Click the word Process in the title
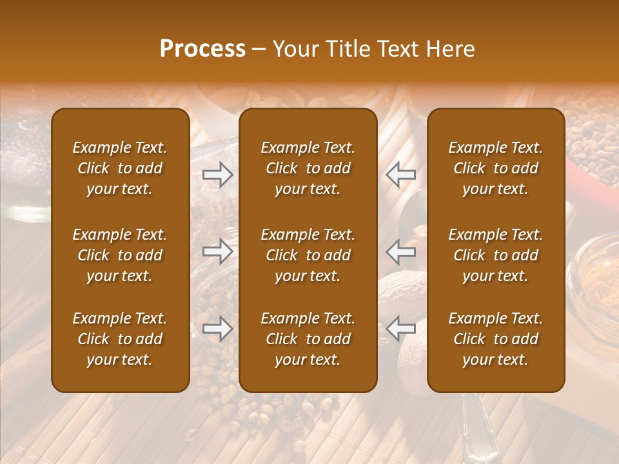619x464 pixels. tap(202, 49)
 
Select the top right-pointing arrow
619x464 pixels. tap(217, 174)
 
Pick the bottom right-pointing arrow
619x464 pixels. tap(217, 329)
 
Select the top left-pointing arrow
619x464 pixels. tap(401, 174)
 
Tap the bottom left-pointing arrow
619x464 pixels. tap(401, 329)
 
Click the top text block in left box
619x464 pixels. tap(120, 168)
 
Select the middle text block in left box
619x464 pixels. tap(120, 255)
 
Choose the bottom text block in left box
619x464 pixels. tap(120, 339)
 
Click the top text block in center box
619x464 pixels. tap(308, 168)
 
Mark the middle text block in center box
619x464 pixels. tap(308, 255)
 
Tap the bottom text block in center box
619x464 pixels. tap(308, 339)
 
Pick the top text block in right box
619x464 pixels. tap(495, 168)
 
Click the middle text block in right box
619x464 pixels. tap(495, 255)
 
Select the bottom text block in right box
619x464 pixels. tap(495, 339)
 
